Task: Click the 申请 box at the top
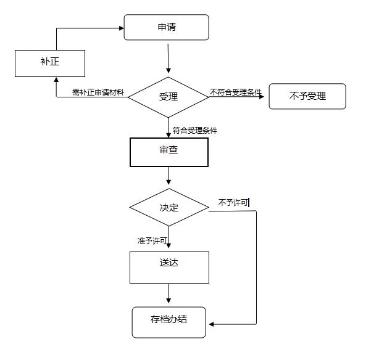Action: coord(167,28)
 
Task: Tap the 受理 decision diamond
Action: coord(168,97)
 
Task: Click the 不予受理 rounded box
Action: coord(307,96)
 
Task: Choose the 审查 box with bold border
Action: coord(168,152)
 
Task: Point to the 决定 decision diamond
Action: coord(168,207)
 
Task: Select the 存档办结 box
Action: coord(169,321)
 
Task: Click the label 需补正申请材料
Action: coord(99,92)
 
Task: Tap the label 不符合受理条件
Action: coord(236,92)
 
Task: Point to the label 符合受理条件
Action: coord(194,131)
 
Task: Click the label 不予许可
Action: coord(233,203)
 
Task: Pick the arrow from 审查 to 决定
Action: coord(168,176)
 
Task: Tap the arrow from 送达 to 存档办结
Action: coord(168,293)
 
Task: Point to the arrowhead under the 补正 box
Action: coord(56,80)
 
